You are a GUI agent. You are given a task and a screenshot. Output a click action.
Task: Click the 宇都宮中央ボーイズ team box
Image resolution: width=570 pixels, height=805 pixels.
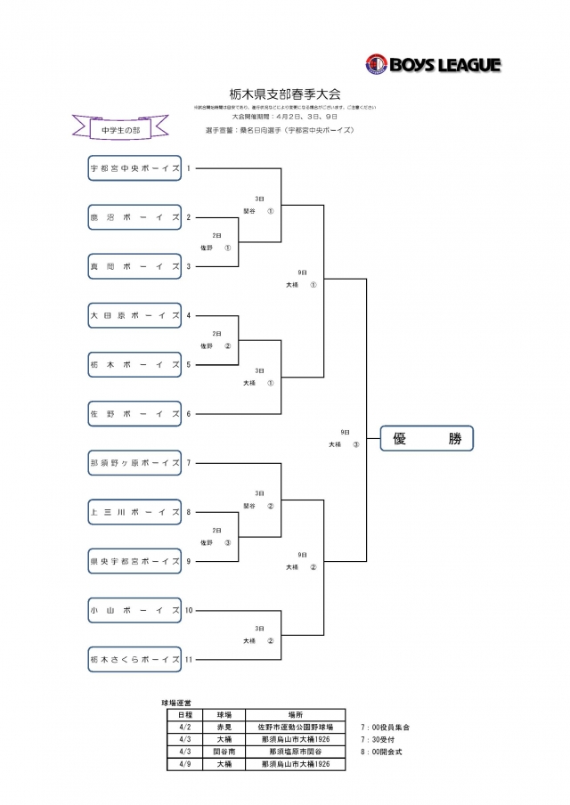135,168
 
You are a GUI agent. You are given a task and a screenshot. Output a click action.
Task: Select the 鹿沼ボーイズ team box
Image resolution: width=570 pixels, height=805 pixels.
135,217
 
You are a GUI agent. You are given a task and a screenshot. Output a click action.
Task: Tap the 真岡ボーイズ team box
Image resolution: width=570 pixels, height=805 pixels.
135,266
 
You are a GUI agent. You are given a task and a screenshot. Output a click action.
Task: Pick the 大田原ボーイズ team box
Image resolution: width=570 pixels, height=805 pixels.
135,315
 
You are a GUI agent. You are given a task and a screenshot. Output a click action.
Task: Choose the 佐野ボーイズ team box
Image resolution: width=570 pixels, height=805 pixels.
135,413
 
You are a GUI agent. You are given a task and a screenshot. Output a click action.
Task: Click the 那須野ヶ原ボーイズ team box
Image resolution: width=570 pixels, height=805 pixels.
135,463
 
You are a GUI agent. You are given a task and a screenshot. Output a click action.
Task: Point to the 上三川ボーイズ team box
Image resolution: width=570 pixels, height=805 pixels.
135,512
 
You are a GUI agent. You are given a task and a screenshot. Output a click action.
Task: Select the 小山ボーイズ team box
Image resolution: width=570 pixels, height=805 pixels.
135,610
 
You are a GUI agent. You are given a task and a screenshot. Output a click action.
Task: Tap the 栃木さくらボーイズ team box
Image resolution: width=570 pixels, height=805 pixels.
135,660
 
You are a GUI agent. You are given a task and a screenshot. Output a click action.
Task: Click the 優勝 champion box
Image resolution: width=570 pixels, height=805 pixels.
427,438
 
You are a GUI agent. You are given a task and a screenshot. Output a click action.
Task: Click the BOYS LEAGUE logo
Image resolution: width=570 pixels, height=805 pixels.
433,64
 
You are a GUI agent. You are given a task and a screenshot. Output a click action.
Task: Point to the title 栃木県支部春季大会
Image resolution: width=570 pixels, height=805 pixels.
285,94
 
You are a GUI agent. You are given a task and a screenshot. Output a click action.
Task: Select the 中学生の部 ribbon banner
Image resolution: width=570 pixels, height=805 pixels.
121,129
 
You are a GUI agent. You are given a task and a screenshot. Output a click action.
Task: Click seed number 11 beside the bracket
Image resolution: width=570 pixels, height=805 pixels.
190,660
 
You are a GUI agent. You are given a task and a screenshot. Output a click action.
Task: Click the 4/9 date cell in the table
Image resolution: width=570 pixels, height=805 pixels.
184,764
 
